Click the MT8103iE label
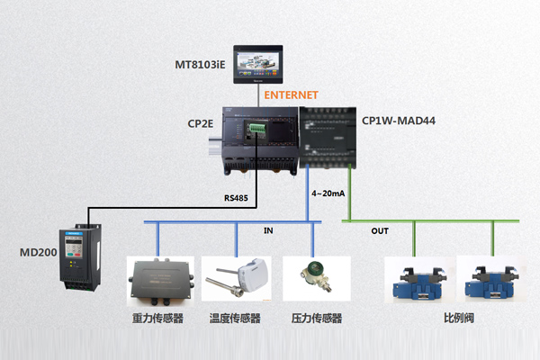click(199, 66)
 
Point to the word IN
click(268, 231)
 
